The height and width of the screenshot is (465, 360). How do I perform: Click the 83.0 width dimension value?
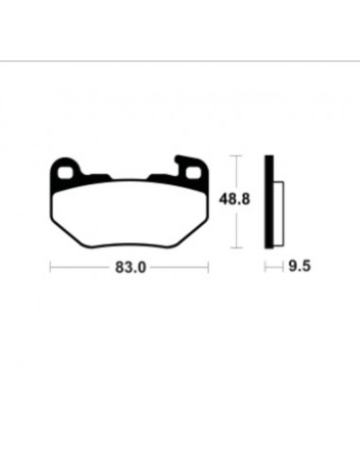pyautogui.click(x=130, y=267)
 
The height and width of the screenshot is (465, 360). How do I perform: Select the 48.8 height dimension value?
pyautogui.click(x=234, y=199)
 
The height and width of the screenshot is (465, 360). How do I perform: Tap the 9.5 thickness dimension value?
pyautogui.click(x=300, y=267)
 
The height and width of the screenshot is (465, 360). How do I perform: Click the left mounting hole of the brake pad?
pyautogui.click(x=64, y=172)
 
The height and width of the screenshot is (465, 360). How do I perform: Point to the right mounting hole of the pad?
pyautogui.click(x=193, y=172)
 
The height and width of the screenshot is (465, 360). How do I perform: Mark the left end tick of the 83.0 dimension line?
pyautogui.click(x=50, y=267)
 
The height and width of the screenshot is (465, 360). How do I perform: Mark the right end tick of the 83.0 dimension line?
pyautogui.click(x=208, y=267)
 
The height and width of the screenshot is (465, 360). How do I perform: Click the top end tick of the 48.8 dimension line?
pyautogui.click(x=236, y=156)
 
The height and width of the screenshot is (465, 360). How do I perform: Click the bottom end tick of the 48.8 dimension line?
pyautogui.click(x=236, y=248)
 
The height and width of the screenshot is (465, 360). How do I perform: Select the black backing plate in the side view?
pyautogui.click(x=269, y=201)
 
